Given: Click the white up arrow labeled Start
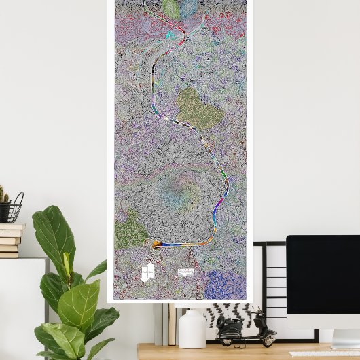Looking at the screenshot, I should pos(144,272).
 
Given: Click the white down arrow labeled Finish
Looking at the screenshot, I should pos(151,271).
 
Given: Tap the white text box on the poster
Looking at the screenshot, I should pos(185,272).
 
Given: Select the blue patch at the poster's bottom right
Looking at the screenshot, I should pos(225,283).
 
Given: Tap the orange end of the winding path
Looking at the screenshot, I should pos(156,245).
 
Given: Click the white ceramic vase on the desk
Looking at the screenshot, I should pos(192,329).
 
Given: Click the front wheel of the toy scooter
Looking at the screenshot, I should pos(268,338).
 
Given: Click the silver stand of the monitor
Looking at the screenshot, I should pos(342,338).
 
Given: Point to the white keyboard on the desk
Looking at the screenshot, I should pos(323,353).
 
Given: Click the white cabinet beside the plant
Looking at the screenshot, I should pos(20,306).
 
